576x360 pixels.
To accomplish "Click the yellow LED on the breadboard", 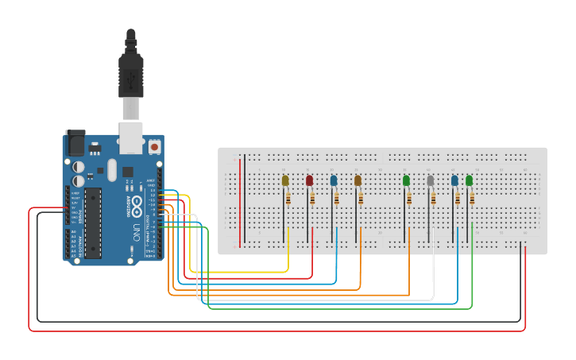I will (285, 180).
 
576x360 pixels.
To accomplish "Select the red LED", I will (309, 180).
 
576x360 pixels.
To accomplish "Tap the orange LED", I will (358, 180).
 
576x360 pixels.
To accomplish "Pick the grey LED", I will (431, 180).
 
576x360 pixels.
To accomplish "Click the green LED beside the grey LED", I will (407, 180).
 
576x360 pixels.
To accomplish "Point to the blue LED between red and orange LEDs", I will (334, 180).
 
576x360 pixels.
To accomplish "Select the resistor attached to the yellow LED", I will (288, 198).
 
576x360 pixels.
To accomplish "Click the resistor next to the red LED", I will (312, 198).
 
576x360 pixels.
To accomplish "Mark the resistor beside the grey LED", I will (434, 198).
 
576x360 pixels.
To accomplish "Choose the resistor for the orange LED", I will (361, 198).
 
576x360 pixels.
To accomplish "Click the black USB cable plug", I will (130, 75).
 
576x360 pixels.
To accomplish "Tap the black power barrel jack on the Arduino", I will (75, 143).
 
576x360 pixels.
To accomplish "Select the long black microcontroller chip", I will (93, 223).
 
